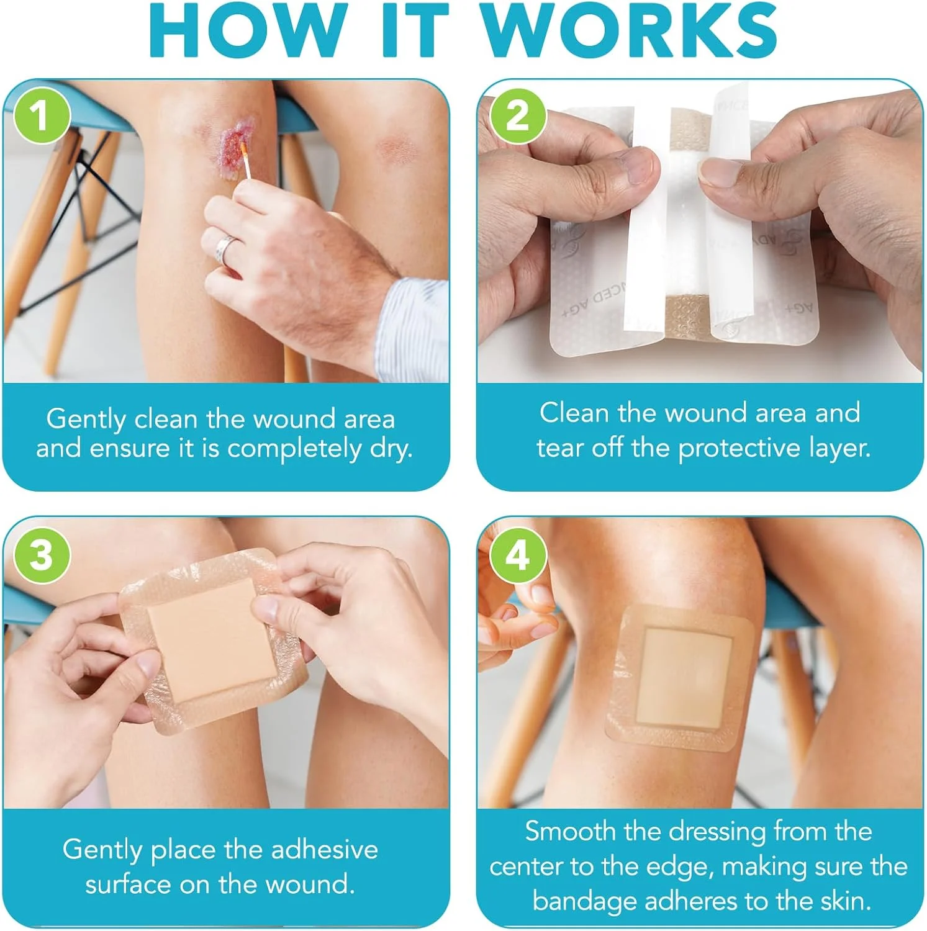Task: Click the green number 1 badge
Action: [40, 116]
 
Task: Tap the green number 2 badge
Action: [518, 116]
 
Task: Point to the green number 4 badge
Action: [518, 554]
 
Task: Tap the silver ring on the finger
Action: [224, 249]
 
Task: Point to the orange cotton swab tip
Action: [244, 149]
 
